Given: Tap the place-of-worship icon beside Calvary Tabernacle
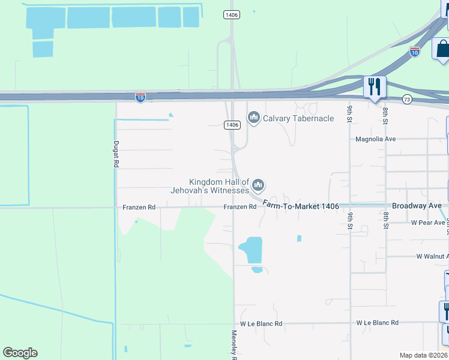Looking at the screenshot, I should [253, 118].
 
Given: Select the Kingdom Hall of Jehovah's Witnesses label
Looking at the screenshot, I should [219, 186].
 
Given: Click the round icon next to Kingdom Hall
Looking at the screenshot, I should [259, 185].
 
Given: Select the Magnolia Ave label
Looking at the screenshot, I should [376, 139].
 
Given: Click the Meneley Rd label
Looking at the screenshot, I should [234, 345].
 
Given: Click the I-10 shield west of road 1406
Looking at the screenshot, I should [140, 97].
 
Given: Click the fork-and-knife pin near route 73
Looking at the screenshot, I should [375, 88].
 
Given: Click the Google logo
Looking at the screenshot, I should [20, 353].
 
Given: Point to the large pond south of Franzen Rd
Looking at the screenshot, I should [251, 250].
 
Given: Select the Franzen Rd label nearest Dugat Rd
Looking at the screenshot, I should [139, 207].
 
